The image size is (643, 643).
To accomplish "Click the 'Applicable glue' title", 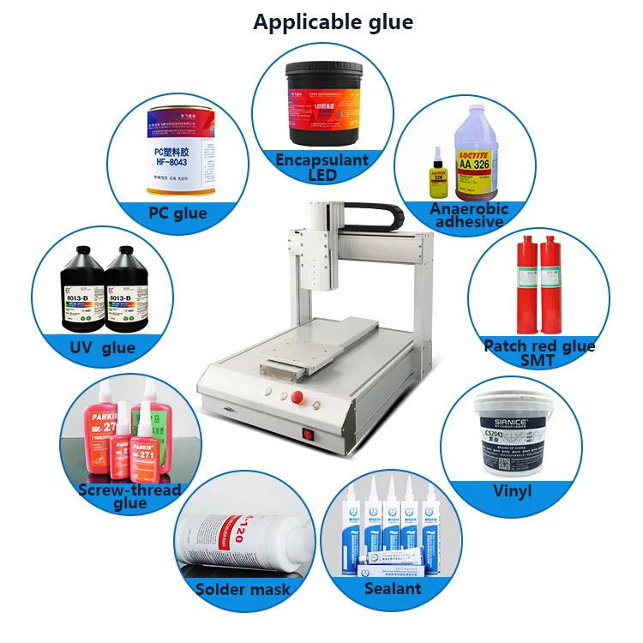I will [333, 22].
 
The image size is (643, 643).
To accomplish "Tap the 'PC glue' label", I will [177, 212].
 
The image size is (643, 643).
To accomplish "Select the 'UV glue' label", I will [102, 347].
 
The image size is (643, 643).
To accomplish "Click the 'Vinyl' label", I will [512, 491].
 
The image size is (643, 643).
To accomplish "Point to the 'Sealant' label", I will [393, 588].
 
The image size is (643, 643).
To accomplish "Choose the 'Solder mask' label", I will [243, 589].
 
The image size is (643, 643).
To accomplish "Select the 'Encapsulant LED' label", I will [321, 167].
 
